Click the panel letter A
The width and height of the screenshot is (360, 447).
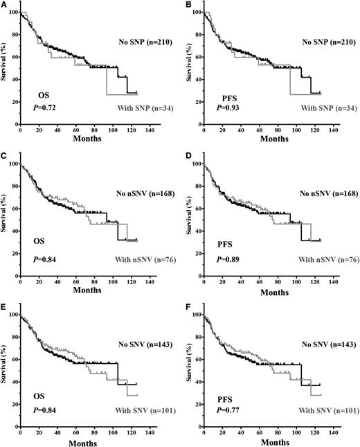4,5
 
